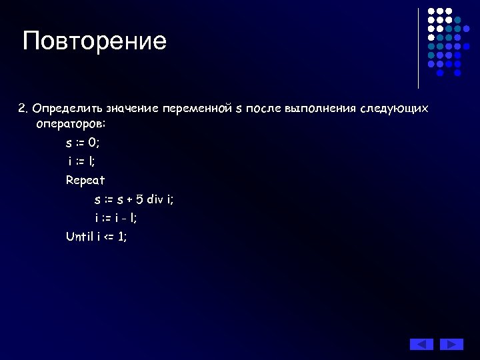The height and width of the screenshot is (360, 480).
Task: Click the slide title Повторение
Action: (95, 41)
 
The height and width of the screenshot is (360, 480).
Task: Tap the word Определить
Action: (65, 108)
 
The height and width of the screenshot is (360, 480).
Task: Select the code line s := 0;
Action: (83, 143)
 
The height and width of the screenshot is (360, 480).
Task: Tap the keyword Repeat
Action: (85, 180)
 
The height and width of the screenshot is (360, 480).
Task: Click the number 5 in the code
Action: (139, 199)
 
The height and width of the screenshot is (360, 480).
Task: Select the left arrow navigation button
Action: (421, 344)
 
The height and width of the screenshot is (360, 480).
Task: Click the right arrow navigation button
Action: (451, 344)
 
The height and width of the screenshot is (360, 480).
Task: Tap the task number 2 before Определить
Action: (22, 108)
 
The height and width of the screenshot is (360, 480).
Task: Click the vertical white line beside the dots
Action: (418, 48)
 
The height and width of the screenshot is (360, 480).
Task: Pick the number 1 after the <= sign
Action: (121, 236)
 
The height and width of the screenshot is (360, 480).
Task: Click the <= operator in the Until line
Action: (109, 236)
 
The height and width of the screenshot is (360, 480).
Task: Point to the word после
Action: (265, 108)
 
